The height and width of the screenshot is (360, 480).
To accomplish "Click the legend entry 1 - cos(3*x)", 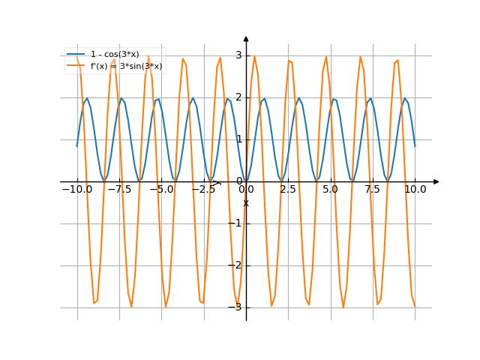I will click(x=115, y=55).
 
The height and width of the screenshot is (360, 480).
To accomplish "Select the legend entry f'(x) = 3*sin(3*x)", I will click(x=127, y=66).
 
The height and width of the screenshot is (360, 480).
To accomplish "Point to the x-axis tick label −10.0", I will click(x=76, y=190).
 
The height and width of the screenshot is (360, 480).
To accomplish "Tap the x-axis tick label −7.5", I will click(x=119, y=190).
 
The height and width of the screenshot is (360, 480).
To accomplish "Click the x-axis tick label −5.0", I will click(x=161, y=190).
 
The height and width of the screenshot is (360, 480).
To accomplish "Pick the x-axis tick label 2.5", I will click(x=288, y=190).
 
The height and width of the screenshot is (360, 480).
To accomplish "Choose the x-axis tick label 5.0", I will click(x=330, y=190).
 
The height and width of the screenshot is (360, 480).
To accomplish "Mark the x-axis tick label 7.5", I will click(x=373, y=190).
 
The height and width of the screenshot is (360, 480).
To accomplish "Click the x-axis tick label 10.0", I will click(x=415, y=190).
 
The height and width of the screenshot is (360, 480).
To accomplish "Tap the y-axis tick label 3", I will click(x=238, y=55).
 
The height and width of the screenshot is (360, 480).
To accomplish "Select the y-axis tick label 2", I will click(x=238, y=97).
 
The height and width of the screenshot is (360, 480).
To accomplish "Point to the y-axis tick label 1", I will click(x=238, y=139).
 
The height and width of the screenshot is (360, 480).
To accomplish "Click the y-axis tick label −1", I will click(x=236, y=223).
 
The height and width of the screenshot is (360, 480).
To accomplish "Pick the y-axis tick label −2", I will click(x=236, y=265).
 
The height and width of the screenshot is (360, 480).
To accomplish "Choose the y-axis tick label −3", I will click(x=236, y=307).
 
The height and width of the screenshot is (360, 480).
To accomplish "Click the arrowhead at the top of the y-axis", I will click(x=246, y=38).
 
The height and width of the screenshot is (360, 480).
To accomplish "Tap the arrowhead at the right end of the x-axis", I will click(x=436, y=181).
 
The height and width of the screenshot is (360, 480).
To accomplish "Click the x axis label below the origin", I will click(x=246, y=202).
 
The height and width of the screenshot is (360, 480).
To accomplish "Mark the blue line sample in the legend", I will click(x=76, y=55).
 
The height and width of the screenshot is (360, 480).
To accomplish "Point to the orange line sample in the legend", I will click(x=76, y=66).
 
